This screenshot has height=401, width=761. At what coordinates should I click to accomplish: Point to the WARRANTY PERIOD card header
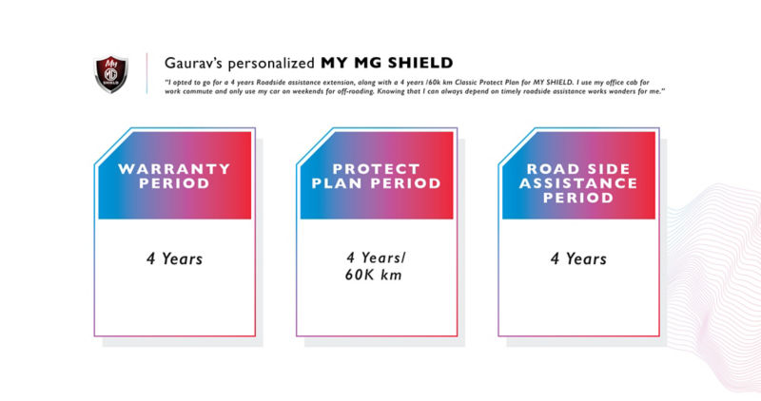coord(173,176)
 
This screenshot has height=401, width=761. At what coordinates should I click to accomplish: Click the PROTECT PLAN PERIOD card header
coord(376,176)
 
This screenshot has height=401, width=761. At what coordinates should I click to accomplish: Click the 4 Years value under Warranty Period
coord(173,258)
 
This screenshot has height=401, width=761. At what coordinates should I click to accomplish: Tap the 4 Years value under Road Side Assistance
coord(579,258)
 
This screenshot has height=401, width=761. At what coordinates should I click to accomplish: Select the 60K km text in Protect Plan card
coord(378,277)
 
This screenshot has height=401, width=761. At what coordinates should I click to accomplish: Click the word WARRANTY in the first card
coord(174,169)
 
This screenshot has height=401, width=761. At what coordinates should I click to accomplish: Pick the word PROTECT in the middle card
coord(377,168)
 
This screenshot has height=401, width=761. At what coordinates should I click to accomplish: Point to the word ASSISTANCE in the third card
coord(579,183)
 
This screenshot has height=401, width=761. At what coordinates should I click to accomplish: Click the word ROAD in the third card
coord(550,168)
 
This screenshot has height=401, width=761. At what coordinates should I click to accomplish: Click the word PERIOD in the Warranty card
coord(173,183)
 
